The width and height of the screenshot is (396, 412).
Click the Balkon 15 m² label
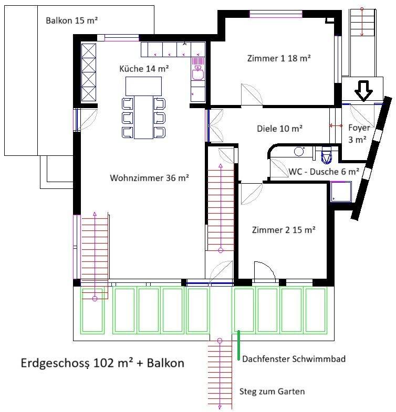[x=71, y=20]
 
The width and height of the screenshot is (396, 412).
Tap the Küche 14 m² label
[x=144, y=69]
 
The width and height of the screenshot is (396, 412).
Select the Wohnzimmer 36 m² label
[x=149, y=178]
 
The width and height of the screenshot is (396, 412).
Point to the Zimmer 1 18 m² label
[x=279, y=58]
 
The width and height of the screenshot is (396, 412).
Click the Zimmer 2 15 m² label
[x=284, y=230]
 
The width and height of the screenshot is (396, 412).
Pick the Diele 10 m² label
[x=279, y=129]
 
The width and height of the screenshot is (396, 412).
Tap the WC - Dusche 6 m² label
[x=324, y=172]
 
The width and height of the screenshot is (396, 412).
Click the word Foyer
[x=359, y=128]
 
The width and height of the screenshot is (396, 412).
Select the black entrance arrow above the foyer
[x=363, y=91]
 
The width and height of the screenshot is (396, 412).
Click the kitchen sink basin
[x=197, y=73]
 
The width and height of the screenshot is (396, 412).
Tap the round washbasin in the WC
[x=299, y=151]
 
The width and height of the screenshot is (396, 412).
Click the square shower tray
[x=341, y=192]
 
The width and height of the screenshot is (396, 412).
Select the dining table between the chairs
[x=143, y=117]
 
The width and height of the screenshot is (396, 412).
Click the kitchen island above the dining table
[x=143, y=86]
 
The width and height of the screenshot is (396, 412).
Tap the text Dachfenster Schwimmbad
[x=294, y=359]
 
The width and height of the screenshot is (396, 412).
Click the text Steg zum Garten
[x=272, y=392]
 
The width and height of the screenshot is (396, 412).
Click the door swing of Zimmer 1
[x=252, y=94]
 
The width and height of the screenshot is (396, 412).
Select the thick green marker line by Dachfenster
[x=238, y=345]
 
